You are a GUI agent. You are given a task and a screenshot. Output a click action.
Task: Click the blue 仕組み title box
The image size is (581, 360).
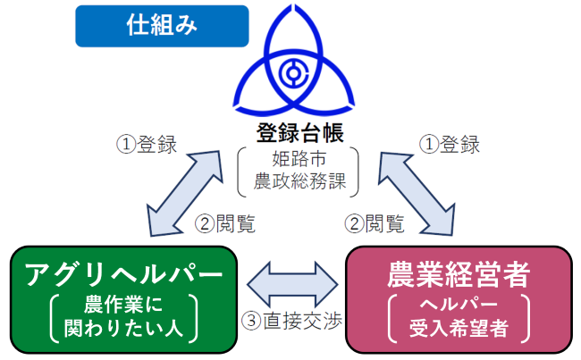tap(162, 26)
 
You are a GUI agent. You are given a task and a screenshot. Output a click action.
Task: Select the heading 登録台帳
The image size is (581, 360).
tap(299, 134)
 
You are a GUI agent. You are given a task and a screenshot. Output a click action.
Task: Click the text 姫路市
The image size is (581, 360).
tap(299, 162)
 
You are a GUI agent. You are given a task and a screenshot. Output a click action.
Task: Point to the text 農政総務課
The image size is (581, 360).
tap(299, 183)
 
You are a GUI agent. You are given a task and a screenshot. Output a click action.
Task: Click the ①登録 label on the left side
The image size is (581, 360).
tap(147, 144)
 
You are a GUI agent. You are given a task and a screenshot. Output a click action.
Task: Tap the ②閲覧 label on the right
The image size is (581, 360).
tap(373, 223)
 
